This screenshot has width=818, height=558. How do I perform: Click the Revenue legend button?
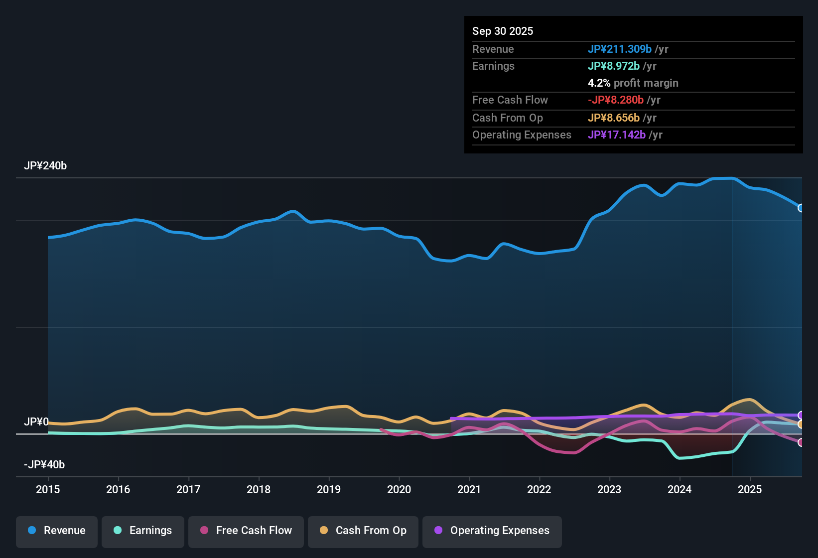point(57,531)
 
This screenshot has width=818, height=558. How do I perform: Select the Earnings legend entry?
point(143,531)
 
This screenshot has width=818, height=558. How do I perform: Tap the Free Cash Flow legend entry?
point(246,531)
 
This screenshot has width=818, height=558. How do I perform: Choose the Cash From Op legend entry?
point(363,531)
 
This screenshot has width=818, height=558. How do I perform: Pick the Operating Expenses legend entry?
point(492,531)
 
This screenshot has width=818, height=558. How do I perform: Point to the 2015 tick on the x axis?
point(48,489)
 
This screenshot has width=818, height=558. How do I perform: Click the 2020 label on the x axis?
point(399,489)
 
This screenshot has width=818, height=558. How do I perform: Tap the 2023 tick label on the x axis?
point(609,489)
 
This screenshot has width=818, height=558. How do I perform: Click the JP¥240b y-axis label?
point(45,166)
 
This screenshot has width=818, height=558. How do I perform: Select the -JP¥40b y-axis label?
point(44,465)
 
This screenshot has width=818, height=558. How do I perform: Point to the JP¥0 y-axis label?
point(36,422)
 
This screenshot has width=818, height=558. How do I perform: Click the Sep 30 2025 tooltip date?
point(502,31)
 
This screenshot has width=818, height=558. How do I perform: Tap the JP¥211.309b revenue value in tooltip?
point(619,49)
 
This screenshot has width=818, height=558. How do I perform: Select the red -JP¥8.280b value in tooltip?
point(616,100)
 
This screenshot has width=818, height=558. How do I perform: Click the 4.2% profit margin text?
point(633,83)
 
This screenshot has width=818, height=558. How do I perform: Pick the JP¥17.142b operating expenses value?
point(616,135)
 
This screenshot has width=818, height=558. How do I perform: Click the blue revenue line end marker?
point(801,208)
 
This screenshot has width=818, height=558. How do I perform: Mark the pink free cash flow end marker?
point(801,442)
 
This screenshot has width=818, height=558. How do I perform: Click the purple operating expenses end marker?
point(801,415)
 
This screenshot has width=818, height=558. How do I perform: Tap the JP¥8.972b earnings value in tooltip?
point(613,66)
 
